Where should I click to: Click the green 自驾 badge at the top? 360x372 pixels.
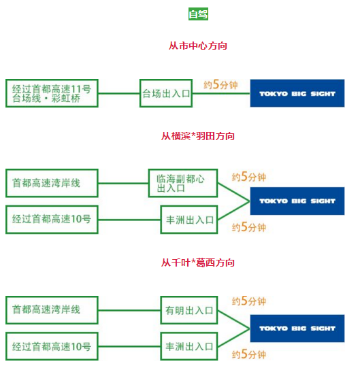pos(198,14)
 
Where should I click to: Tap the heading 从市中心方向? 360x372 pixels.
pos(198,46)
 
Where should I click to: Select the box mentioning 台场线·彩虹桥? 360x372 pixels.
pos(52,93)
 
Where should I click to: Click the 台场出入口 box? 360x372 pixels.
pos(166,93)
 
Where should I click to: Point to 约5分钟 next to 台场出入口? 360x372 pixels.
pos(220,85)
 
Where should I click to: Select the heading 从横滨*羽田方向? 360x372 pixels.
pos(198,136)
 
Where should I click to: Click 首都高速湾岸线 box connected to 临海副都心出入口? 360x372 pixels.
pos(52,182)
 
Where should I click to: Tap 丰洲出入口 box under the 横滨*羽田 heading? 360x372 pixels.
pos(189,220)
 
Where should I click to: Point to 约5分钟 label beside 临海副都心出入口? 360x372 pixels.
pos(248,177)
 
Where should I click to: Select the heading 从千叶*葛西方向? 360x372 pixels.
pos(198,263)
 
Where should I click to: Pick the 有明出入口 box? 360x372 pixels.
pos(189,310)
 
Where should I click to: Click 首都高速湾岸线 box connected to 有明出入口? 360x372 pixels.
pos(52,310)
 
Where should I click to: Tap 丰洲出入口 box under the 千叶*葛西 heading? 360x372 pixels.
pos(189,347)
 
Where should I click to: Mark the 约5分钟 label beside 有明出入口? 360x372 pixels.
pos(248,301)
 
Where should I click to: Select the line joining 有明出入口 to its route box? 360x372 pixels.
pos(129,310)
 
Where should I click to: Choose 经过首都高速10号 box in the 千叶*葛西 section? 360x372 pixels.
pos(52,347)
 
